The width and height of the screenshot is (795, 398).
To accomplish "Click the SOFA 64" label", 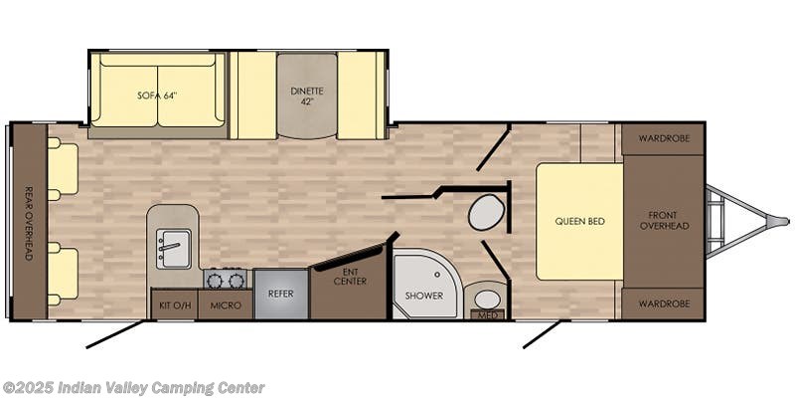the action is (158, 95).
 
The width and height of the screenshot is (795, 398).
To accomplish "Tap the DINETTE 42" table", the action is (307, 96).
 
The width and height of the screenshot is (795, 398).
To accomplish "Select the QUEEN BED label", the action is (579, 221).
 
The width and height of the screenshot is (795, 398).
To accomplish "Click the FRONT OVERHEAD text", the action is (664, 221).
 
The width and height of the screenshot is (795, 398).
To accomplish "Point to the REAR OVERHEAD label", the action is (29, 223).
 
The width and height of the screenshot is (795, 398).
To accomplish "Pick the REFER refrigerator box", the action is (281, 294).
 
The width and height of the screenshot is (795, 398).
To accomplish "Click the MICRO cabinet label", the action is (226, 305).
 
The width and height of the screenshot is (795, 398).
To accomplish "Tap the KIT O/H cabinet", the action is (175, 304).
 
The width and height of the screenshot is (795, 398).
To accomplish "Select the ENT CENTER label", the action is (350, 277).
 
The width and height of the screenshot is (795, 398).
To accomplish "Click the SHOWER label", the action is (424, 296).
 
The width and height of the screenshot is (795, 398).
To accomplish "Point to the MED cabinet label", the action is (486, 315).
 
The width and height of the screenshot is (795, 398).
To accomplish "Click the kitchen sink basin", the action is (173, 248).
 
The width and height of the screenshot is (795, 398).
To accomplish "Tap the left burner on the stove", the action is (216, 281).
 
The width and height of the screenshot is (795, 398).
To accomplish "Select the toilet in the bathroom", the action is (487, 214).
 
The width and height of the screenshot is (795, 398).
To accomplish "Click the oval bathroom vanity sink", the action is (487, 299).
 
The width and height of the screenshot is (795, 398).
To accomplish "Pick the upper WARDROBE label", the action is (664, 138).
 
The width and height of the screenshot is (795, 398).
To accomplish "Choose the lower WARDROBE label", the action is (664, 304).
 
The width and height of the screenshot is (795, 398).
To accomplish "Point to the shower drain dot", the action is (438, 275).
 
